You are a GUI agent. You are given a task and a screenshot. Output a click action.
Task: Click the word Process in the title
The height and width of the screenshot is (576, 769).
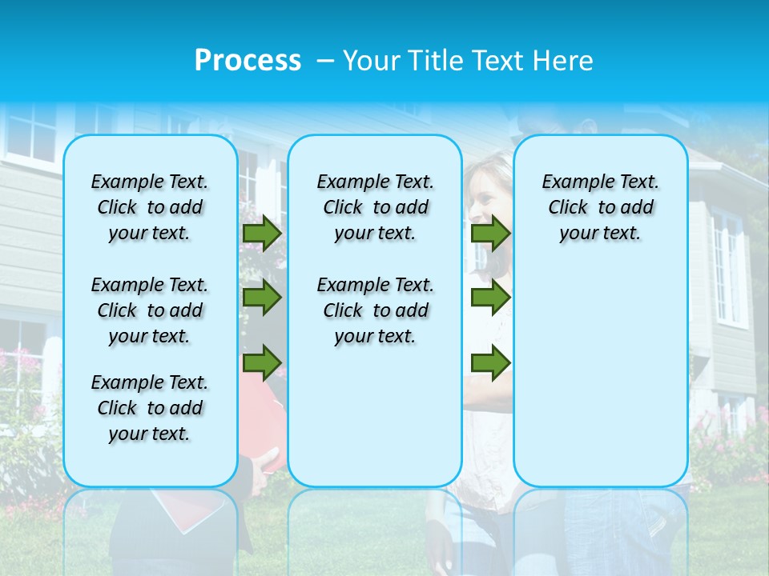click(x=248, y=61)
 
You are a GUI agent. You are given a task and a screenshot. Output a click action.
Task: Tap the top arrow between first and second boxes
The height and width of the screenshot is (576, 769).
click(x=261, y=233)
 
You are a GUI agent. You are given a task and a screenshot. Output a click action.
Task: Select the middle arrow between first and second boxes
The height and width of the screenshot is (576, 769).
click(x=261, y=298)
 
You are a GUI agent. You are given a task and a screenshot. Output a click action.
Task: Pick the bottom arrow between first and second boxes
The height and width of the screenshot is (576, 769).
click(x=261, y=362)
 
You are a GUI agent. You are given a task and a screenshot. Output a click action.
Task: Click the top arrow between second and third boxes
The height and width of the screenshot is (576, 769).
click(x=490, y=233)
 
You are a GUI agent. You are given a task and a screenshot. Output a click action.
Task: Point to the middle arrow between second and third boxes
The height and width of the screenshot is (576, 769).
click(x=490, y=298)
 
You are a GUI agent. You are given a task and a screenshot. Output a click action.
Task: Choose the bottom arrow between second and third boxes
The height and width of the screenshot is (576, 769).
click(x=490, y=362)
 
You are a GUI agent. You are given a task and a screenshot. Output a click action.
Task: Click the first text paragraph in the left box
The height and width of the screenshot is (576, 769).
click(x=150, y=207)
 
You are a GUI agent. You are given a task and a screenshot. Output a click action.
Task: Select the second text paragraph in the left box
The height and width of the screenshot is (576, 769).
click(x=150, y=310)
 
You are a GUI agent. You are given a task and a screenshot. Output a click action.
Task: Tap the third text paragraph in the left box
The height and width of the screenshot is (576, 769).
click(x=150, y=408)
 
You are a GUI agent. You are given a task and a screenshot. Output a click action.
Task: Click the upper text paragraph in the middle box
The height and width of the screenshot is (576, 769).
click(x=375, y=207)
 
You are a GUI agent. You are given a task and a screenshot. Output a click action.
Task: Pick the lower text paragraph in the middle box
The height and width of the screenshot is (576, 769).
click(x=375, y=310)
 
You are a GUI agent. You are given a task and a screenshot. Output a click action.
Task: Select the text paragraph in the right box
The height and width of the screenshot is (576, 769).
click(x=600, y=207)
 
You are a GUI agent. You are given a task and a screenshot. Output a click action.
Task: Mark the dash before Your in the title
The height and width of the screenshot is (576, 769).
click(x=325, y=62)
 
